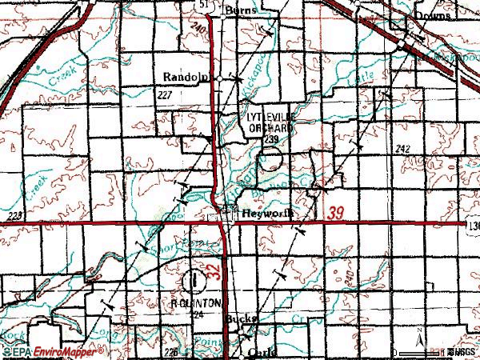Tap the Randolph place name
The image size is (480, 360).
(186, 77)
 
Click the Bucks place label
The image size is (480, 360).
(240, 318)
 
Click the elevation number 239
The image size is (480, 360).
(271, 139)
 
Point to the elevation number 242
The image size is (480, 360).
(402, 150)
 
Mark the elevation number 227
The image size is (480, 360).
(166, 94)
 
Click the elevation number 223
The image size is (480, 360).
(14, 217)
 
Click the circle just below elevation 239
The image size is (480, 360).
(274, 157)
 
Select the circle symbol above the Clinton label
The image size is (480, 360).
(193, 281)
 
